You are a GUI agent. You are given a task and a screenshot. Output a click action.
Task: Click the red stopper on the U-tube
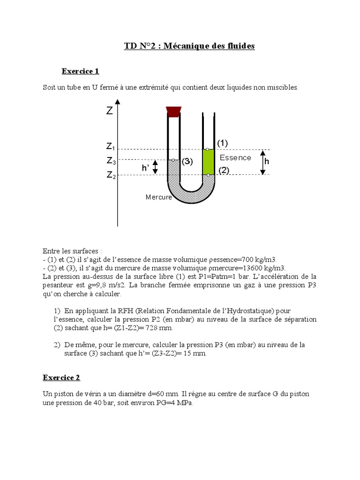tap(173, 111)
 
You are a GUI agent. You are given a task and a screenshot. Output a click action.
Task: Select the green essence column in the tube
tap(208, 162)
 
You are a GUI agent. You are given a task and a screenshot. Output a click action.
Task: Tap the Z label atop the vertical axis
tap(109, 111)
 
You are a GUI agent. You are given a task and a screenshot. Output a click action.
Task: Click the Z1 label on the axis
tap(111, 147)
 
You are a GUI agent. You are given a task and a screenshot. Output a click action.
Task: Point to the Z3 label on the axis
tap(111, 161)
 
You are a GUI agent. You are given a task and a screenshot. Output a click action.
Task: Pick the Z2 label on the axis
tap(111, 175)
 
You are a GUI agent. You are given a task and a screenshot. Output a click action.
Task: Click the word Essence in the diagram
tap(235, 157)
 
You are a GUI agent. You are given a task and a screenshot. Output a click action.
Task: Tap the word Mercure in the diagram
tap(158, 197)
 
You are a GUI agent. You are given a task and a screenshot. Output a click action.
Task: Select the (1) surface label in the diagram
tap(222, 142)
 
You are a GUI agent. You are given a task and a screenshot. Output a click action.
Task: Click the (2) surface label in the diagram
tap(223, 171)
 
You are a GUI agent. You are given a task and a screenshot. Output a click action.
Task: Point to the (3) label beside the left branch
tap(187, 162)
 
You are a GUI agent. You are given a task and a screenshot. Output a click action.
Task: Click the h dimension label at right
tap(267, 161)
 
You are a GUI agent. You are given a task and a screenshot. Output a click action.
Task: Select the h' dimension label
tap(145, 167)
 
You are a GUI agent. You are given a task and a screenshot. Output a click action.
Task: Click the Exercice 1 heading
tap(80, 71)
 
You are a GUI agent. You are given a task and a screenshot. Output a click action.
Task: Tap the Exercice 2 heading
tap(61, 377)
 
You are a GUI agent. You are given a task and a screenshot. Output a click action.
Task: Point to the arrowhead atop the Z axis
tap(117, 102)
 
